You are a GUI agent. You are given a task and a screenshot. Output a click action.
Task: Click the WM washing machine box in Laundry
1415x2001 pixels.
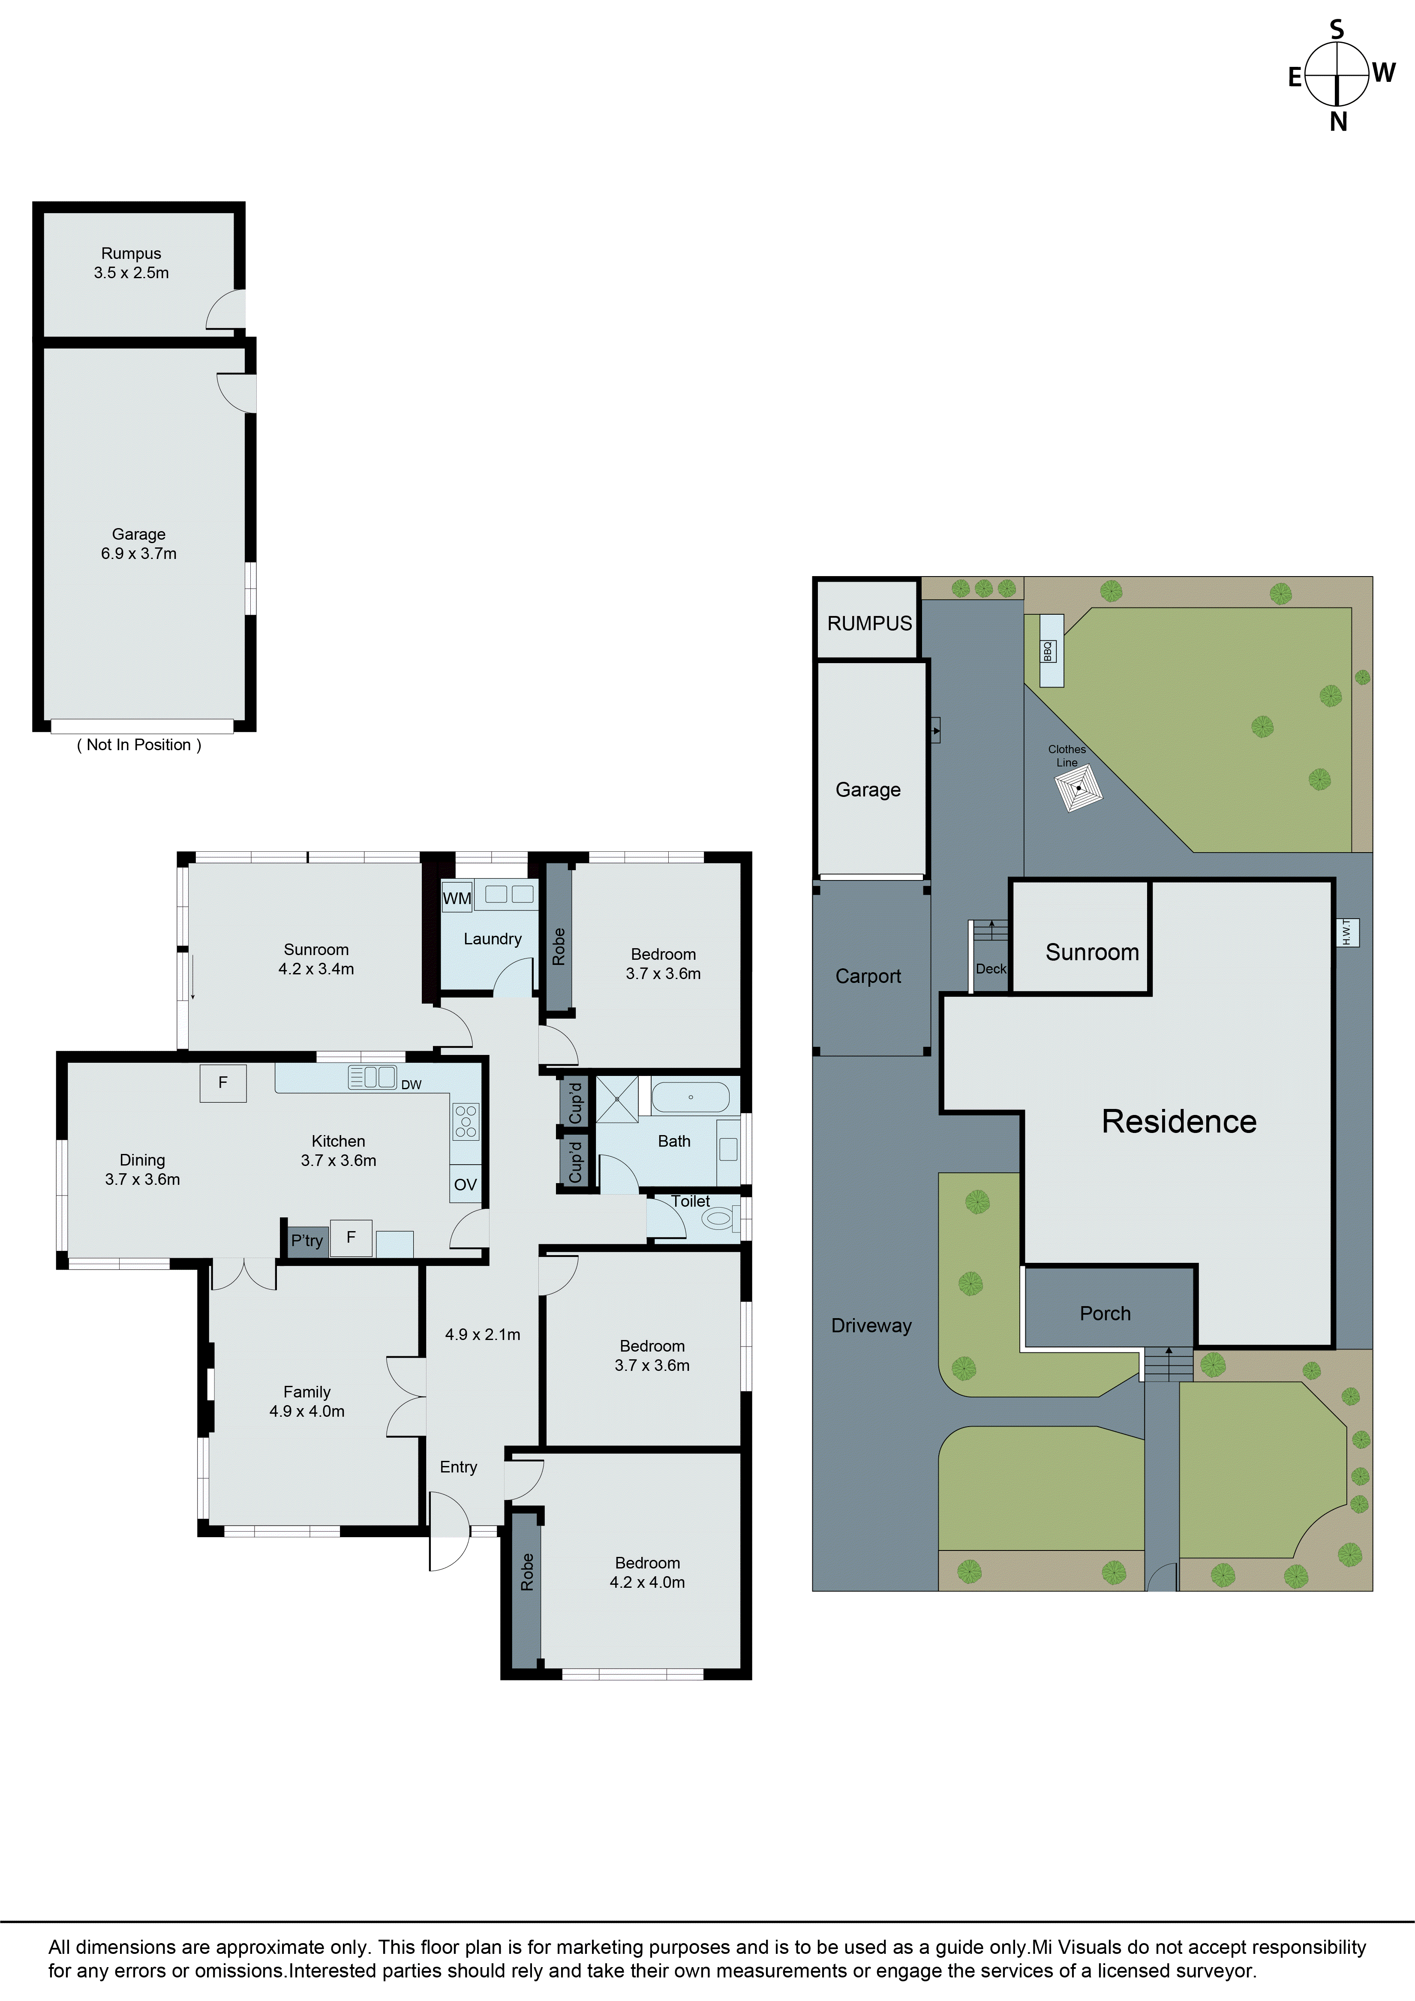[x=457, y=898]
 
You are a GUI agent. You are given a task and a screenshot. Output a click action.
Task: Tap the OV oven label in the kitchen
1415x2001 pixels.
[x=465, y=1184]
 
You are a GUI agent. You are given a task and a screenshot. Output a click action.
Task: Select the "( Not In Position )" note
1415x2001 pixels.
[x=139, y=744]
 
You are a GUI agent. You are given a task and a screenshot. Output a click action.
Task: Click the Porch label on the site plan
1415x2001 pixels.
[x=1105, y=1313]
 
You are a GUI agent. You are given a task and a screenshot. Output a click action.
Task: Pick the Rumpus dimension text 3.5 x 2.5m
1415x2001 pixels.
[x=132, y=273]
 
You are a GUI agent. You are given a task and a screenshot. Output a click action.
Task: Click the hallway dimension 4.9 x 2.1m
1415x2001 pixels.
[x=483, y=1334]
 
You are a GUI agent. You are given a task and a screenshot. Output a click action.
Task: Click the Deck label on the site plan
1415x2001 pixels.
[x=991, y=968]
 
